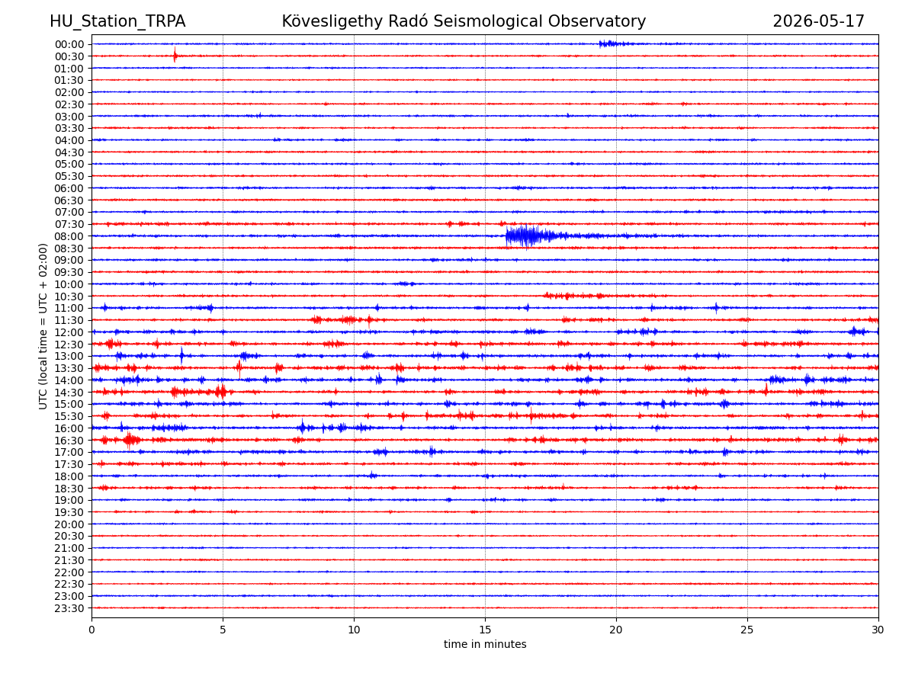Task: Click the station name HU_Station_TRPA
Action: [117, 21]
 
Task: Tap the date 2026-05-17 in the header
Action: [818, 21]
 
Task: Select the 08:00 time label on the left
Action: [69, 236]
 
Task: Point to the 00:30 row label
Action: [69, 56]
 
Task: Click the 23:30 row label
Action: [69, 608]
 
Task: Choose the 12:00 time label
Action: [69, 332]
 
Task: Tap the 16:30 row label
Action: [69, 441]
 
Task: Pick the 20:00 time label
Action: [69, 524]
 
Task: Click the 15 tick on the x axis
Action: [485, 630]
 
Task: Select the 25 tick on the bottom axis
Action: [747, 630]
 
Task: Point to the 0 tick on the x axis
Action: [91, 630]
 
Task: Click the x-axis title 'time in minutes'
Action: [485, 644]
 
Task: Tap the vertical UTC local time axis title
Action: [43, 326]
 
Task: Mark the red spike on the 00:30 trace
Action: [175, 55]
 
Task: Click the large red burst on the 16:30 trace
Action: [130, 440]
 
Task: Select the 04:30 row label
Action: [69, 152]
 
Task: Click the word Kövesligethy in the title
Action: [332, 21]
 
